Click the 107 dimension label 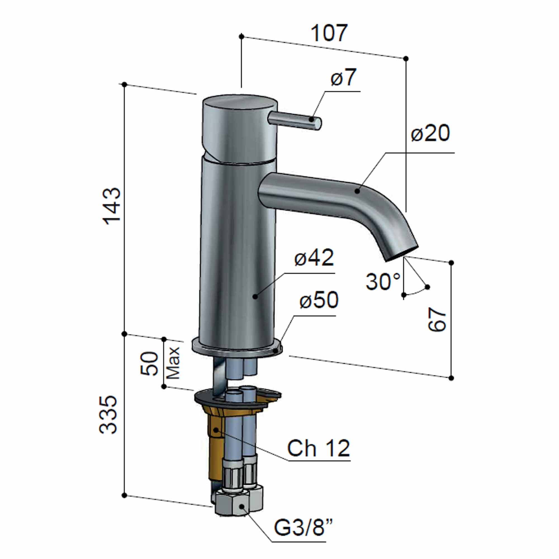pyautogui.click(x=329, y=33)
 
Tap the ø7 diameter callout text pyautogui.click(x=344, y=77)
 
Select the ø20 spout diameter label pyautogui.click(x=430, y=133)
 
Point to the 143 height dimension pyautogui.click(x=112, y=206)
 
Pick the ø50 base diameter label pyautogui.click(x=319, y=300)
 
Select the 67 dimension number pyautogui.click(x=437, y=319)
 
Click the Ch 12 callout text pyautogui.click(x=318, y=448)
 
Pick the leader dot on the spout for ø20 pyautogui.click(x=357, y=191)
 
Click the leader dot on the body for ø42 pyautogui.click(x=255, y=296)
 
